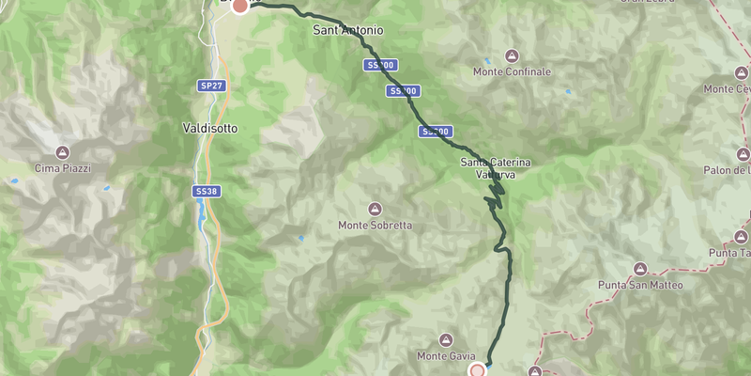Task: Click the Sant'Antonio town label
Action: tap(347, 30)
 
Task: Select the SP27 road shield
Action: tap(211, 86)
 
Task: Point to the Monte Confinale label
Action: tap(512, 71)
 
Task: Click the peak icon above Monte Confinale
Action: tap(512, 55)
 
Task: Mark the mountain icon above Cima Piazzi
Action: tap(63, 152)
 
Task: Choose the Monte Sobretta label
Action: tap(375, 226)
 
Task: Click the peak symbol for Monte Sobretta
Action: tap(375, 209)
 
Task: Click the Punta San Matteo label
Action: tap(640, 285)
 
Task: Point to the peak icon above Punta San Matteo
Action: tap(640, 269)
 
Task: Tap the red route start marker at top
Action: tap(239, 5)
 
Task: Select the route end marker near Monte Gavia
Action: tap(478, 369)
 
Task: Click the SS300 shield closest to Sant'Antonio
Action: tap(380, 66)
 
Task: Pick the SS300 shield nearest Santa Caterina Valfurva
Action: tap(436, 132)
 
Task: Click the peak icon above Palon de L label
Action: tap(743, 154)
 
